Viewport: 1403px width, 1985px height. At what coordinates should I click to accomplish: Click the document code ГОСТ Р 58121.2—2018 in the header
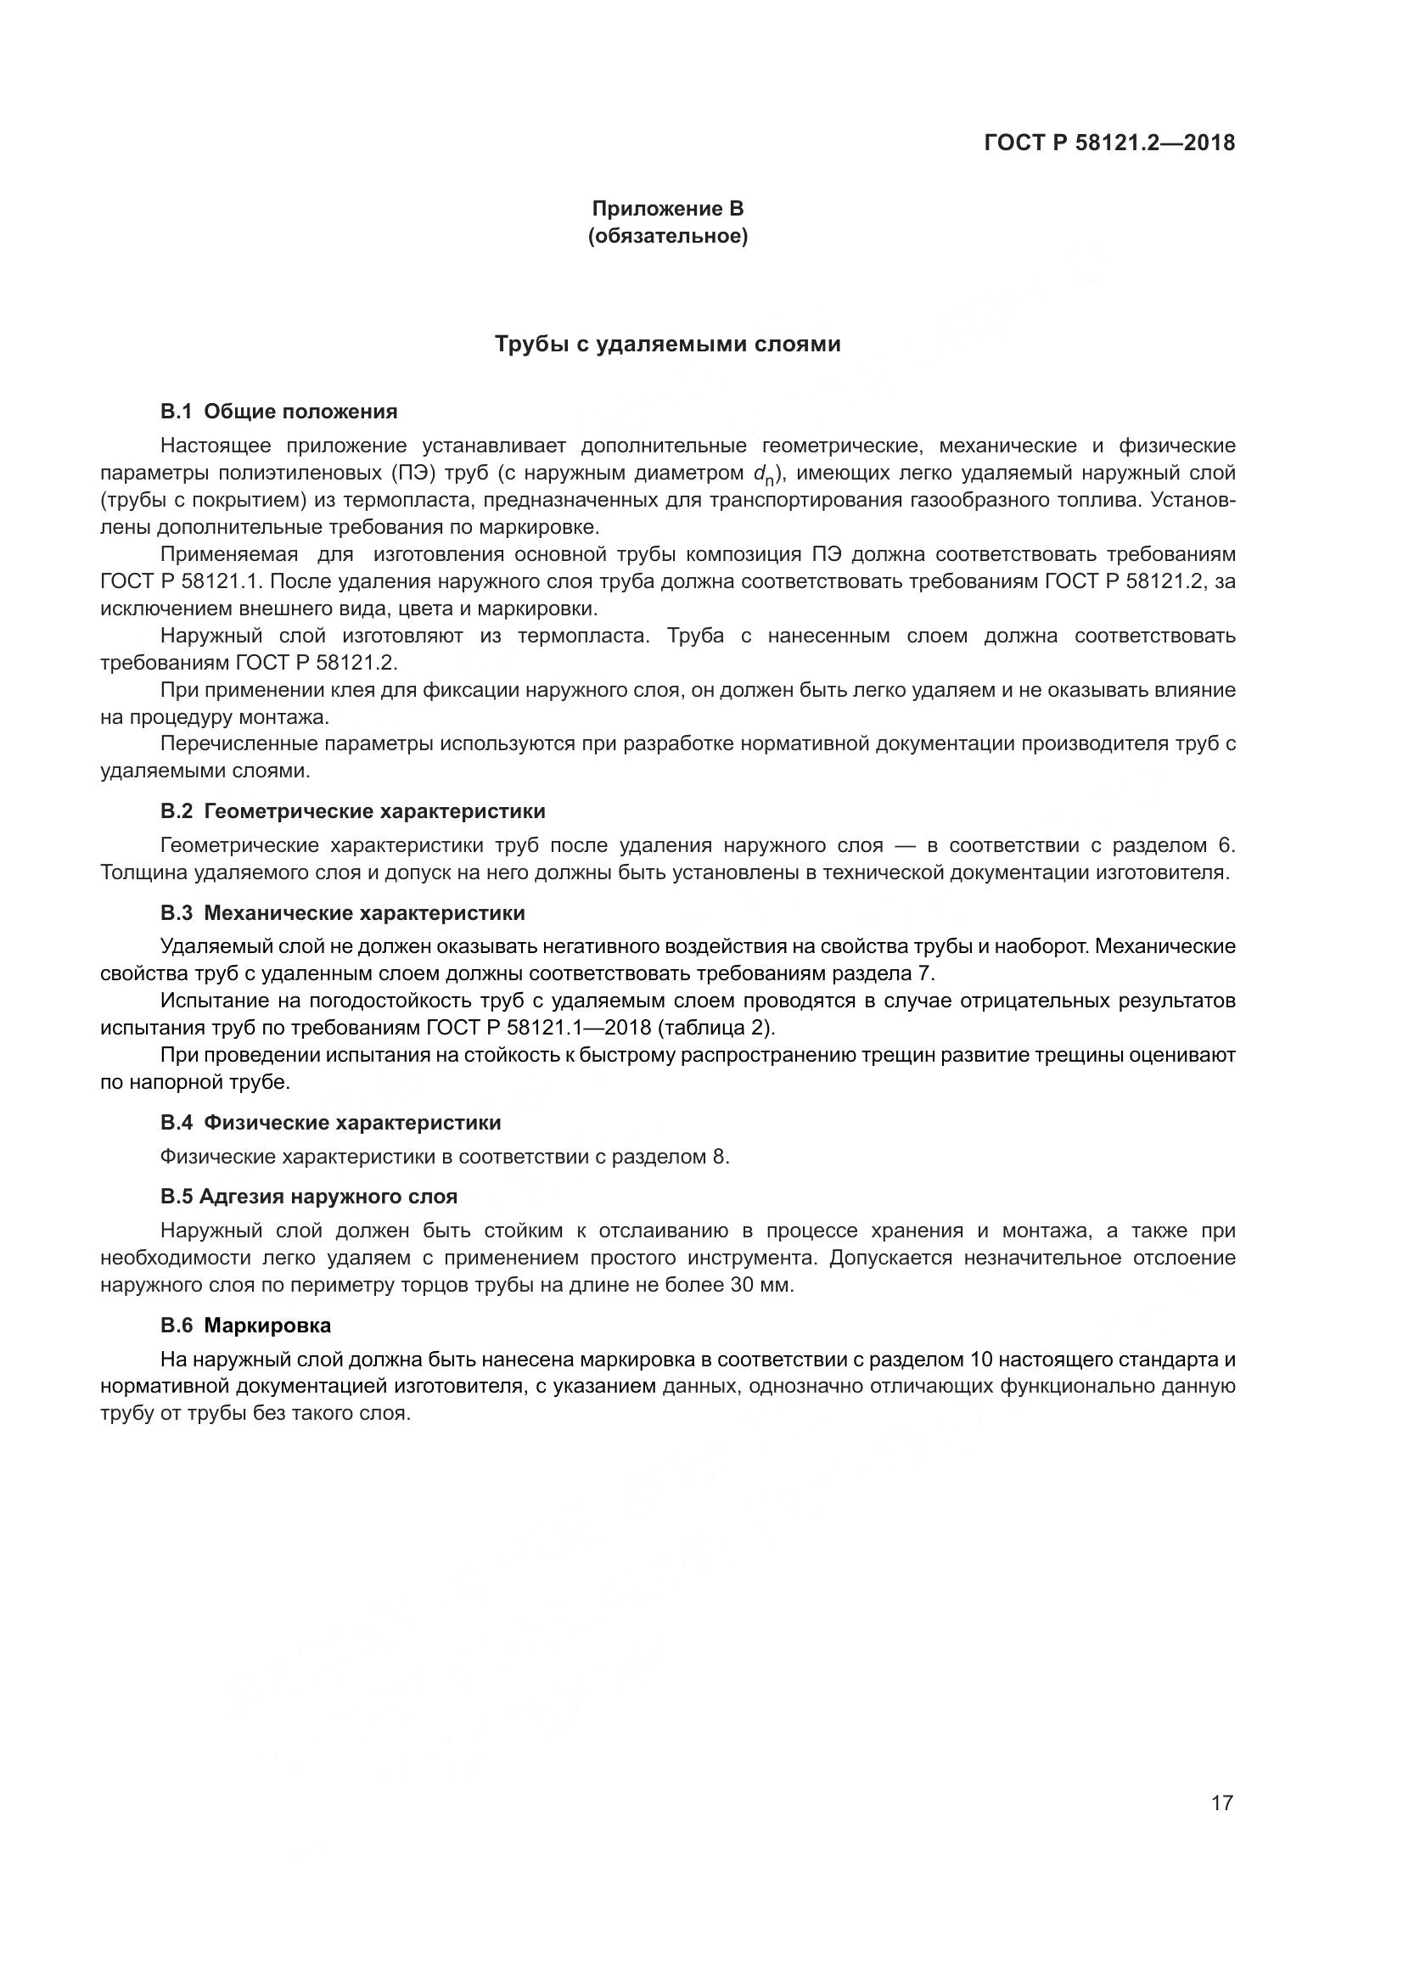click(x=1109, y=143)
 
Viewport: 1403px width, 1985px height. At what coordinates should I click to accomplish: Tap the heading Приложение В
click(x=667, y=209)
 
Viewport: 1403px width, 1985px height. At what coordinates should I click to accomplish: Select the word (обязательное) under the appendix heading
click(x=667, y=236)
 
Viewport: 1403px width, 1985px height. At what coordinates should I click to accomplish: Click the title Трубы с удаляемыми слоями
click(x=667, y=344)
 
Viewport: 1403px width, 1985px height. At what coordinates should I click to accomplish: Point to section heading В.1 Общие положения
click(x=278, y=412)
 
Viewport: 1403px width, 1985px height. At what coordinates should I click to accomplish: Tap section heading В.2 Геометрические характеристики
click(x=353, y=811)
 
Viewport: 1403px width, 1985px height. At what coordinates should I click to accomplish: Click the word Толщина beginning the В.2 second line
click(x=143, y=872)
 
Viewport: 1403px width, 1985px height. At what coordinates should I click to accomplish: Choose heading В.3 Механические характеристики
click(x=342, y=913)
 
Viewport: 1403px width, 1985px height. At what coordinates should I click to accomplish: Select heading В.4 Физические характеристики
click(x=330, y=1123)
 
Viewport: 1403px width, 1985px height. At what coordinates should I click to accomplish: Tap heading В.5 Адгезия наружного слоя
click(x=309, y=1197)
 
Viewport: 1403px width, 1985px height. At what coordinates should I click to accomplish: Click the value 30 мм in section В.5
click(x=760, y=1285)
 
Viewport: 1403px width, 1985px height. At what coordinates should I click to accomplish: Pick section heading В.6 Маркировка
click(x=245, y=1326)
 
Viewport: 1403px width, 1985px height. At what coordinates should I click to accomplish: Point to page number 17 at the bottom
click(x=1221, y=1803)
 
